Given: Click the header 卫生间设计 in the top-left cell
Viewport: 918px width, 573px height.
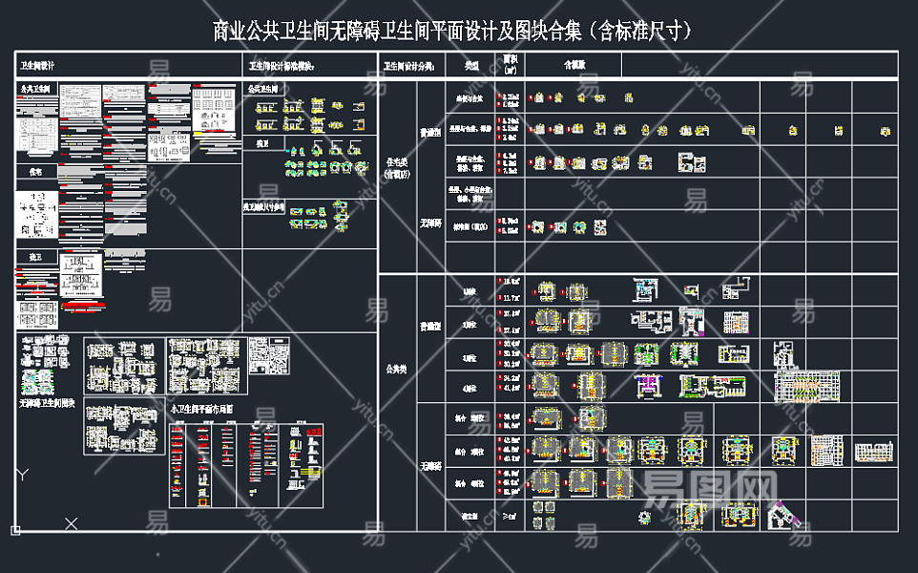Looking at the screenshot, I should tap(38, 66).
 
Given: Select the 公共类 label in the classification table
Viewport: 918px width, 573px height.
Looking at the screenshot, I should tap(396, 369).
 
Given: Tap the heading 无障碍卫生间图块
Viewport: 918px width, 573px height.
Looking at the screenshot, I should tap(47, 404).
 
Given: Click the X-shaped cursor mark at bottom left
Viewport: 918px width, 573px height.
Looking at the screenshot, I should tap(72, 523).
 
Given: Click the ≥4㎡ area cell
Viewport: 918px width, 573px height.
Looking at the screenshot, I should tap(511, 516).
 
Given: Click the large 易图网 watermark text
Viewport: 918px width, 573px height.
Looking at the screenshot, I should tap(706, 489).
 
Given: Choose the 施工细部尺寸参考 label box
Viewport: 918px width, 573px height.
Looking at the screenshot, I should tap(264, 204).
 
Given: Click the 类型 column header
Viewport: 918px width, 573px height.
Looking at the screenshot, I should tap(471, 66).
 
